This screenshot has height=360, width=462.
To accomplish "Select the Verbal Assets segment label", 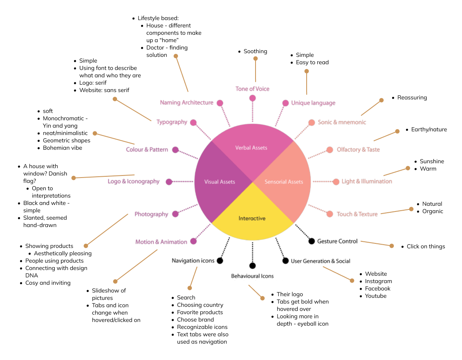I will pos(251,148).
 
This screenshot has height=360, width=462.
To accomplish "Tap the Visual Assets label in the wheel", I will pos(220,182).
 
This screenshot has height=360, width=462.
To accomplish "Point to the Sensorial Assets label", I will pos(284,182).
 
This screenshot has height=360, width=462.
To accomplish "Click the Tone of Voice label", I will pos(252,89).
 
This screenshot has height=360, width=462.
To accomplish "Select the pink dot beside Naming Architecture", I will pos(220,103).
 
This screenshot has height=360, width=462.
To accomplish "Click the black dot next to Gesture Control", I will pos(312,241).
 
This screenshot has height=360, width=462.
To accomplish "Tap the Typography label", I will pos(172,122).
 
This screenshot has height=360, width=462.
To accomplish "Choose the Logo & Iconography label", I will pos(134,182).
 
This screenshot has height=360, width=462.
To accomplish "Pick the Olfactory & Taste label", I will pos(358,150).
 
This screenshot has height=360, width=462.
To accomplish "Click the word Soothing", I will pos(255,52).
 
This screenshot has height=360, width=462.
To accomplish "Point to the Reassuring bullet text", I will pos(412,98).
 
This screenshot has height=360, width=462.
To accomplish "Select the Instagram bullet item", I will pos(378,281).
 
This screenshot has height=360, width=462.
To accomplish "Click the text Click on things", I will pos(426,247).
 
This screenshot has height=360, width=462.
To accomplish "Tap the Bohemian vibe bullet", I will pos(63,148).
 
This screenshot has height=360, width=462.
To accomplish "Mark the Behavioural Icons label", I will pos(252,276).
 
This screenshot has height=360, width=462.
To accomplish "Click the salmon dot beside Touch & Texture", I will pos(330,214).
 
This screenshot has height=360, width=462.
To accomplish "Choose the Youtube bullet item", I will pos(375,296).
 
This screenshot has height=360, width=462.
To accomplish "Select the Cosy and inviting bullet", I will pos(48,283).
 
